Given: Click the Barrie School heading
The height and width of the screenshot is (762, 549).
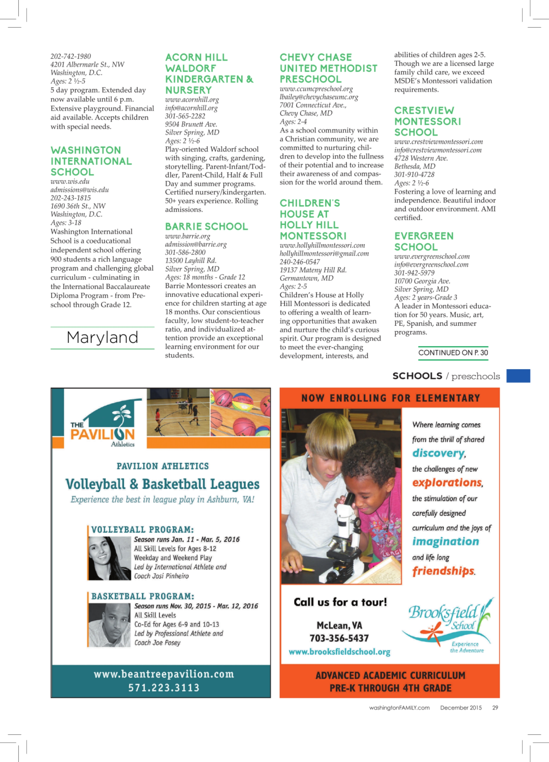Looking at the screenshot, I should coord(206,227).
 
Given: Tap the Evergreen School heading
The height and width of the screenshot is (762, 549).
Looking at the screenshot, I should coord(424,241).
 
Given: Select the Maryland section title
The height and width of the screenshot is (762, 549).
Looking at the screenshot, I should coord(103,337).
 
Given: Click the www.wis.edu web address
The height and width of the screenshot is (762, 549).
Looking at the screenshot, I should coord(70,181).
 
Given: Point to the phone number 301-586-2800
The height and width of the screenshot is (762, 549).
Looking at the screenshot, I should coord(185,252).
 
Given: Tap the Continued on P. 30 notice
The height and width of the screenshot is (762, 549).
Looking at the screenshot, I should coord(453,352).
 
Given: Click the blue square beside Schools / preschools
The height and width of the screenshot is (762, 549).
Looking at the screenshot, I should coord(518,376).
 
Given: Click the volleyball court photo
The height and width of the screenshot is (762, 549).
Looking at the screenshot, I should coord(178,412).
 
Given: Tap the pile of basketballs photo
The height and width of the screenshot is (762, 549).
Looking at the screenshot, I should coord(240,412).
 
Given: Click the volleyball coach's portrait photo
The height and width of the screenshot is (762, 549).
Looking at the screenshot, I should coord(109,558).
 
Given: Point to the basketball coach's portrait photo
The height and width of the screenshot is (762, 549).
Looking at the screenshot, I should coord(109,625).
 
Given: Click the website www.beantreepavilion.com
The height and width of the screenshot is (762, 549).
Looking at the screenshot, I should coord(164,674).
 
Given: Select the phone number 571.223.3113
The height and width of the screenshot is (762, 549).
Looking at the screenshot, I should coord(164,687).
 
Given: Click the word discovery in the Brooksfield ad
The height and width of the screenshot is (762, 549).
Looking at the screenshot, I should coord(438,453).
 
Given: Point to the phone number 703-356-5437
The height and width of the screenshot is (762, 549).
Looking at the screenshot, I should coord(339,638).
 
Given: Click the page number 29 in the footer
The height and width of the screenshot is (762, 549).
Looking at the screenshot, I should coord(495,708).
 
